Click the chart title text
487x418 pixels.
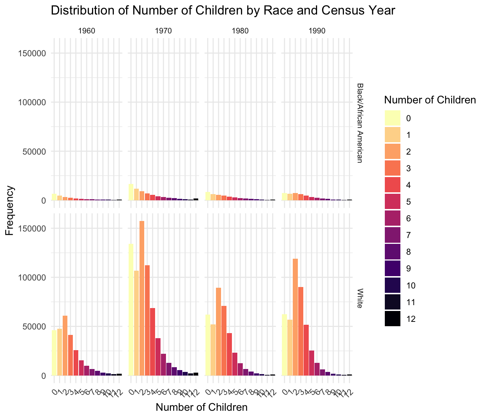(222, 11)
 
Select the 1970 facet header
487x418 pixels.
(163, 31)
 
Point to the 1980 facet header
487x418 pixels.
(240, 31)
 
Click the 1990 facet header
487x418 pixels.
(317, 31)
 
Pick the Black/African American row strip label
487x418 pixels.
(359, 123)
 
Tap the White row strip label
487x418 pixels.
(359, 298)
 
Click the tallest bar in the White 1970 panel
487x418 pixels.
(142, 298)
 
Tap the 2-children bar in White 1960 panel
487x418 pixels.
(65, 345)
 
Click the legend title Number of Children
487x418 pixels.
(430, 100)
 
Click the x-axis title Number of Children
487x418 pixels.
(201, 407)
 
